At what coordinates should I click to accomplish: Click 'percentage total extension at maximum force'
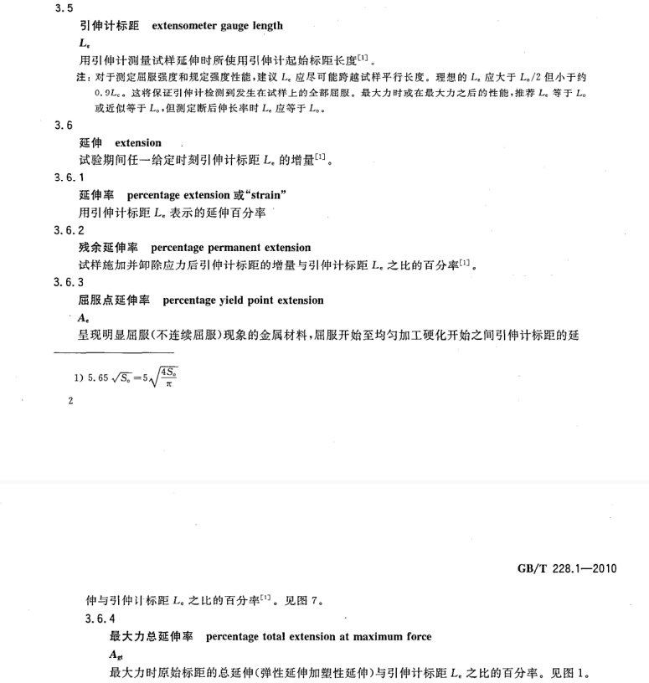coord(318,637)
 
